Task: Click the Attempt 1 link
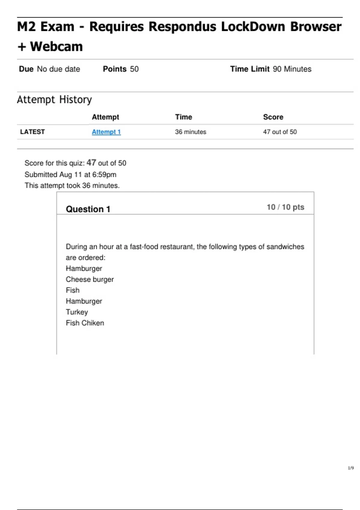(106, 132)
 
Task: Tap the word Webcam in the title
(56, 47)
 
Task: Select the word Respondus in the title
(183, 27)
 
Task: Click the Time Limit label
(250, 69)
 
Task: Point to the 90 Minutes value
(292, 69)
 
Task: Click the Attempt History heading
(54, 100)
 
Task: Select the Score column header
(273, 117)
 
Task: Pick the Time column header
(184, 117)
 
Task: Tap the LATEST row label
(32, 132)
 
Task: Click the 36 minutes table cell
(190, 132)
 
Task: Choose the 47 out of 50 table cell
(280, 132)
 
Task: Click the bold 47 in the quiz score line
(91, 163)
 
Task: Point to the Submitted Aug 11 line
(70, 175)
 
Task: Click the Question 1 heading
(88, 209)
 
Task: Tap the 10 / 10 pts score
(285, 207)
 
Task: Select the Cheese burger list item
(90, 280)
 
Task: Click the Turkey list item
(77, 312)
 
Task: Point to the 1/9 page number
(351, 468)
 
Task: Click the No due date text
(58, 69)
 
